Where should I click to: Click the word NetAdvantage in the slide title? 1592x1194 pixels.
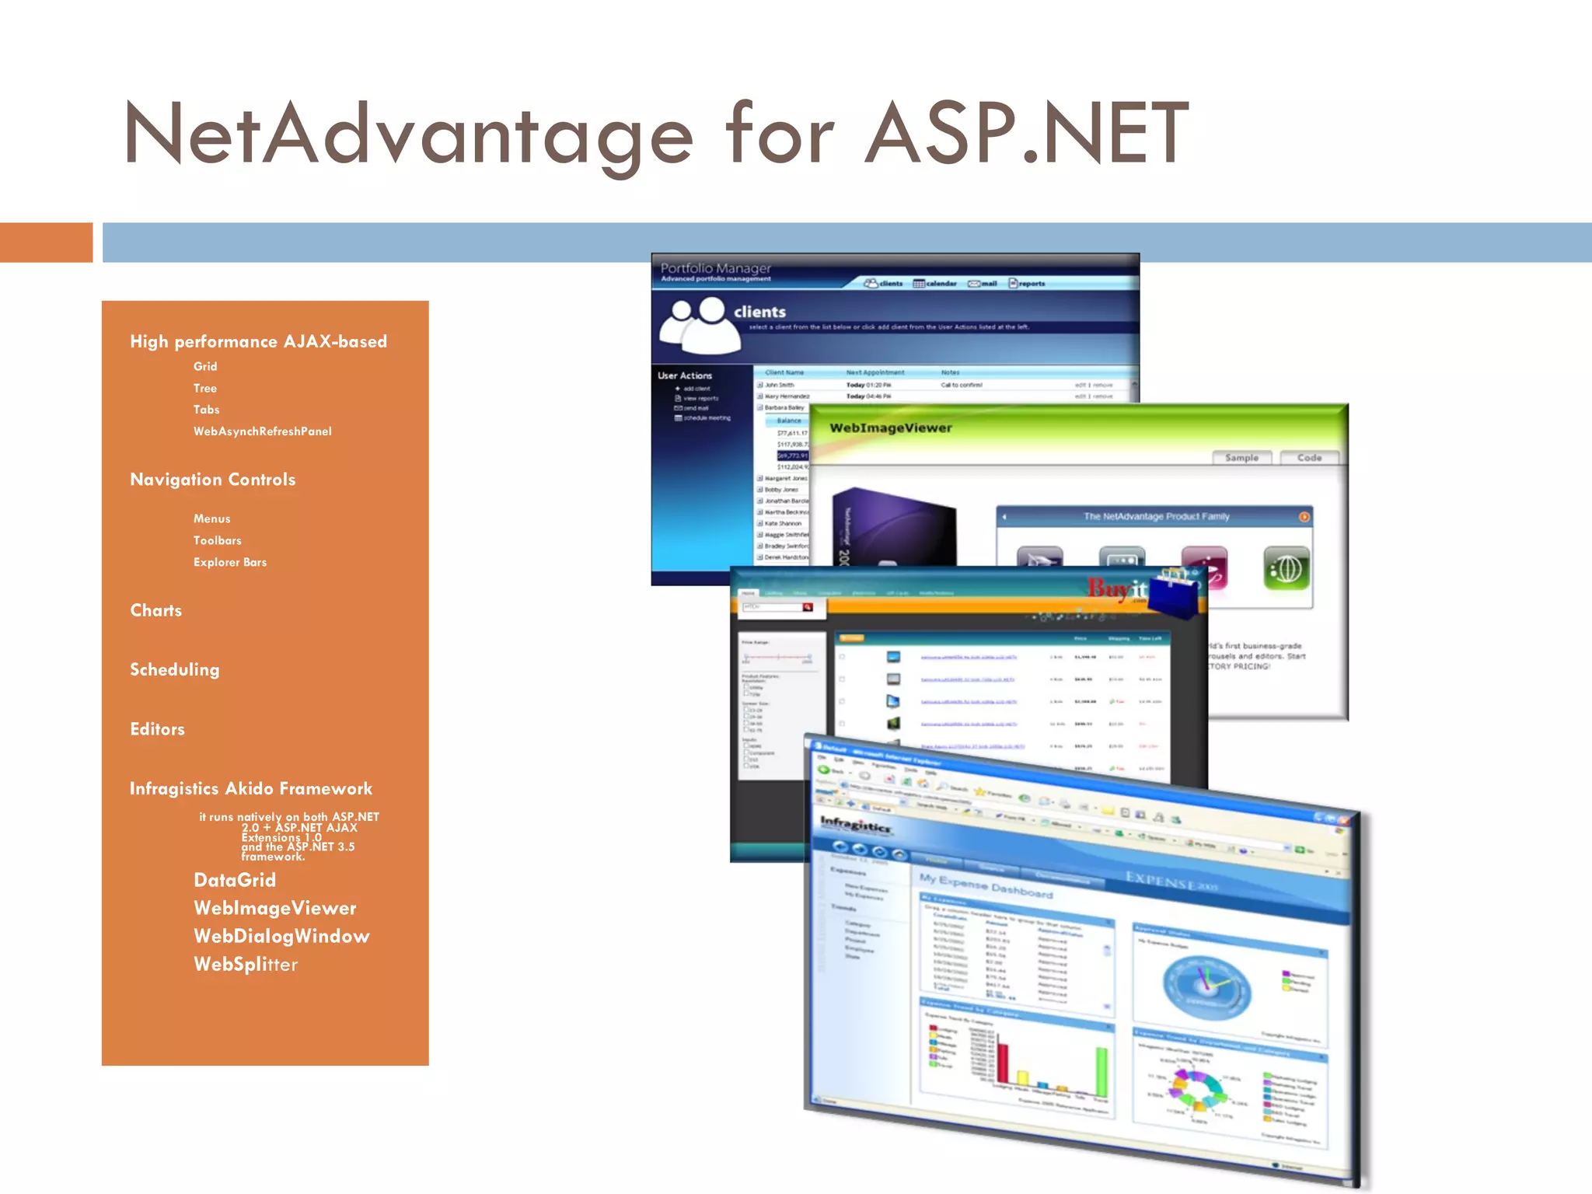point(407,134)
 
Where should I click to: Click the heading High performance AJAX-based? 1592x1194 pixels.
point(258,342)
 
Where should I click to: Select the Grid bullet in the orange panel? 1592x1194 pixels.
point(205,366)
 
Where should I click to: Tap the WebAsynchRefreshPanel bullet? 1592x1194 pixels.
point(262,431)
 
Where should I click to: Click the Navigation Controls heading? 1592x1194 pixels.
point(212,480)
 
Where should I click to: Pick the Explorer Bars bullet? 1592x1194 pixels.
point(229,562)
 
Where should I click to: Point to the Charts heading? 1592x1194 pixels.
point(155,610)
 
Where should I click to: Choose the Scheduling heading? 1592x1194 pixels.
point(174,669)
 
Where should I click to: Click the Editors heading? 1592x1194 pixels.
point(157,729)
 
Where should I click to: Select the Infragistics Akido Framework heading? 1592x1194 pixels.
point(250,789)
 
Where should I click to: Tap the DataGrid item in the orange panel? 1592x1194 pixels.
point(235,880)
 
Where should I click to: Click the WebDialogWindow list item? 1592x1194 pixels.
point(281,936)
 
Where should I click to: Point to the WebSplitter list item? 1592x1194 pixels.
point(246,965)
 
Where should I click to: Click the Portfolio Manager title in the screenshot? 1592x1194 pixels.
point(715,268)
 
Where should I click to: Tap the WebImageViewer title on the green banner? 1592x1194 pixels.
point(890,428)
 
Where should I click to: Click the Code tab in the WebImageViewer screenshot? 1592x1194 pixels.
point(1309,458)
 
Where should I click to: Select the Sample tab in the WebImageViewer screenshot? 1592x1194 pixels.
point(1241,458)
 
